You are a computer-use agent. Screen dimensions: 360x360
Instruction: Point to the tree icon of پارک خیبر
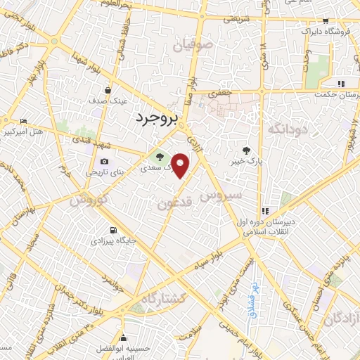(x=245, y=150)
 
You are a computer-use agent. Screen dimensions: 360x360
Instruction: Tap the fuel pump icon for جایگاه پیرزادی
(x=112, y=230)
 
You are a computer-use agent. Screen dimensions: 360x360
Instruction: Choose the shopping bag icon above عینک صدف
(x=108, y=90)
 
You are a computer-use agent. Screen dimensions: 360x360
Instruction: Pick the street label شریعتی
(x=236, y=19)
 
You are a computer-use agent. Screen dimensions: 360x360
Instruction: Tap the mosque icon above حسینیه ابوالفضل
(x=124, y=336)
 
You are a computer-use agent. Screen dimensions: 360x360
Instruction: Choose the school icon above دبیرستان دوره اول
(x=265, y=210)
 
